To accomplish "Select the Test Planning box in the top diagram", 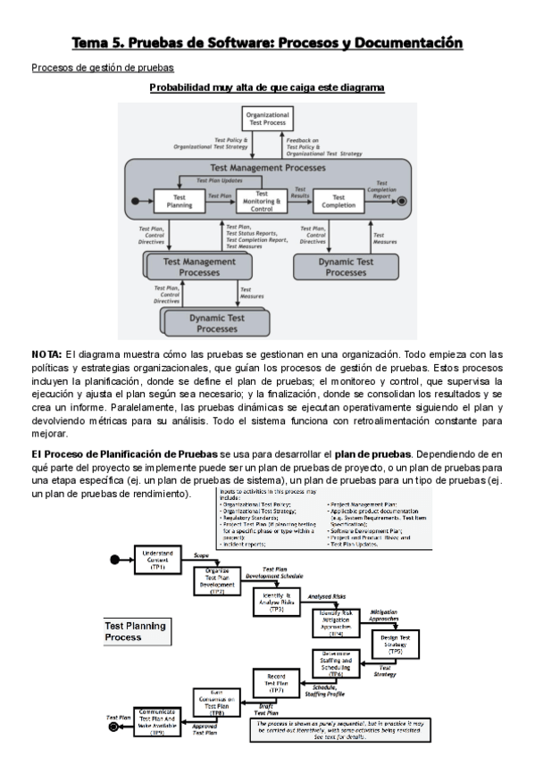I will pos(180,201).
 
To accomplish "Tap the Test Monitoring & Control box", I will pos(262,200).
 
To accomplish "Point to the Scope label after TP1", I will pos(202,553).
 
